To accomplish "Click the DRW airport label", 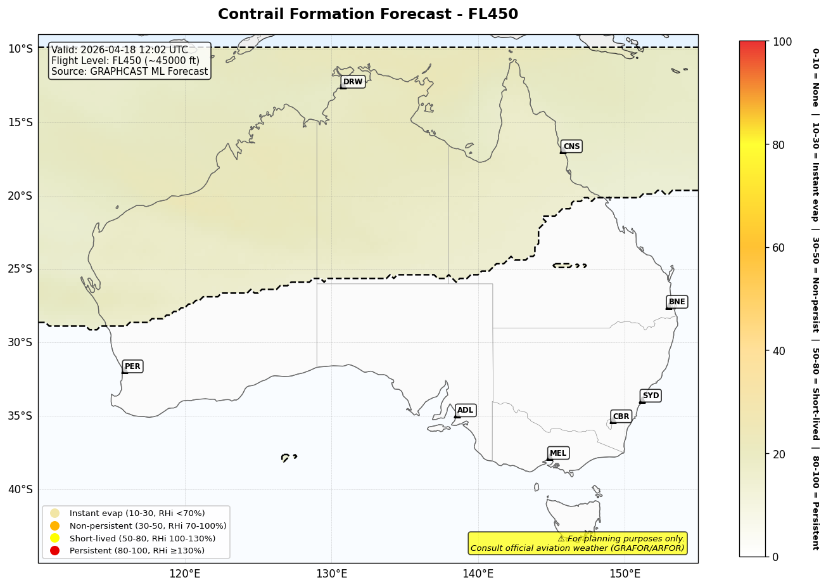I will [353, 82].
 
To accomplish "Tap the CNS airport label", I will [571, 146].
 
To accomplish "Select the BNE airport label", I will [677, 302].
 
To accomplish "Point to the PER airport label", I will [132, 366].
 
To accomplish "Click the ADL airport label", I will [465, 411].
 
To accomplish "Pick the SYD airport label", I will [651, 396].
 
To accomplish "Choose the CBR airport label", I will [621, 416].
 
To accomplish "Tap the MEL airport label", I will [558, 453].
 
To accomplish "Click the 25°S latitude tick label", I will [20, 269].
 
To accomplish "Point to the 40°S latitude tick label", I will [20, 489].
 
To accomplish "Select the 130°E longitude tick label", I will [331, 574].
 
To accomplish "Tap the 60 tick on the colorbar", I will [778, 248].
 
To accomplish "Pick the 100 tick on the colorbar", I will [782, 42].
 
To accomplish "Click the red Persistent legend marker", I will [55, 551].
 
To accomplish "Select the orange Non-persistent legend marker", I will [55, 526].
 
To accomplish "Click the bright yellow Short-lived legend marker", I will [55, 538].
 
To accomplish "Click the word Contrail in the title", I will [247, 15].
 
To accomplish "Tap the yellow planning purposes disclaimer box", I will [577, 543].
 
